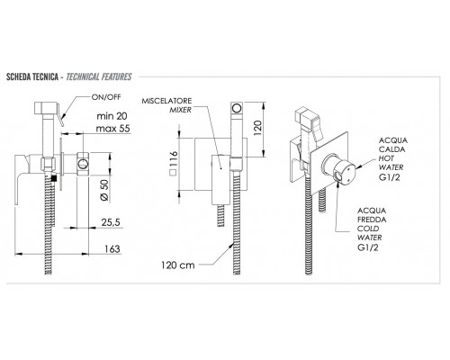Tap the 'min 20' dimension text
pyautogui.click(x=112, y=116)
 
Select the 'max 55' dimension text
pyautogui.click(x=113, y=129)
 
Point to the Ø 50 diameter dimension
pyautogui.click(x=104, y=191)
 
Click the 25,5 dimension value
pyautogui.click(x=111, y=222)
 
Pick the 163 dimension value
pyautogui.click(x=112, y=248)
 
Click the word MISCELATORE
pyautogui.click(x=166, y=101)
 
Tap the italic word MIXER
pyautogui.click(x=180, y=110)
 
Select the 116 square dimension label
pyautogui.click(x=174, y=163)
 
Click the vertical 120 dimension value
pyautogui.click(x=258, y=128)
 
